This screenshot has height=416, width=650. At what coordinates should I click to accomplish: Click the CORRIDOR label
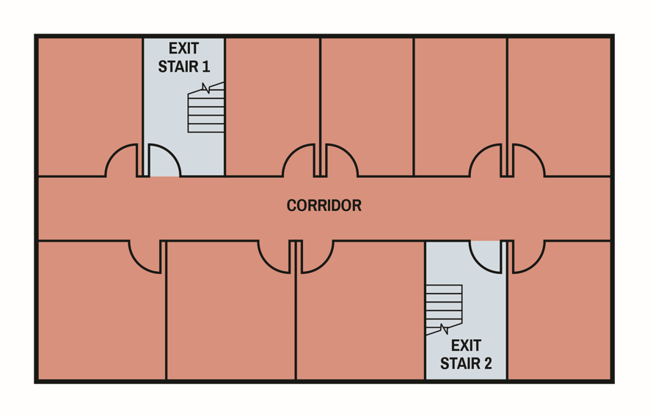coord(324,206)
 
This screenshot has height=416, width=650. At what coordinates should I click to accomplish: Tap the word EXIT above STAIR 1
coord(183,49)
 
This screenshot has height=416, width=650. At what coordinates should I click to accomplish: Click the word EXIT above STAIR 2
coord(466,345)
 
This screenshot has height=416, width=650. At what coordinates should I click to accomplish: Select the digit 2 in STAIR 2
coord(487,363)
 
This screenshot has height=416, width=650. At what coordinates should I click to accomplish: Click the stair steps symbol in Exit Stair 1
coord(206,110)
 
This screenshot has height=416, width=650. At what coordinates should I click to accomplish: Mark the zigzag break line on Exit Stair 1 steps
coord(206,88)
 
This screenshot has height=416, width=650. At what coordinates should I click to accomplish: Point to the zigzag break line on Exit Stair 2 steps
coord(444,329)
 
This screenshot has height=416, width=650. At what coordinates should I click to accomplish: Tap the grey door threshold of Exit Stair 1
coord(165,176)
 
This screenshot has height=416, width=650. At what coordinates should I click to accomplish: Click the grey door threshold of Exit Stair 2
coord(485,241)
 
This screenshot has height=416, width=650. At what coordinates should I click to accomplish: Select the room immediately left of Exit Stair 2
coord(359,315)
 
